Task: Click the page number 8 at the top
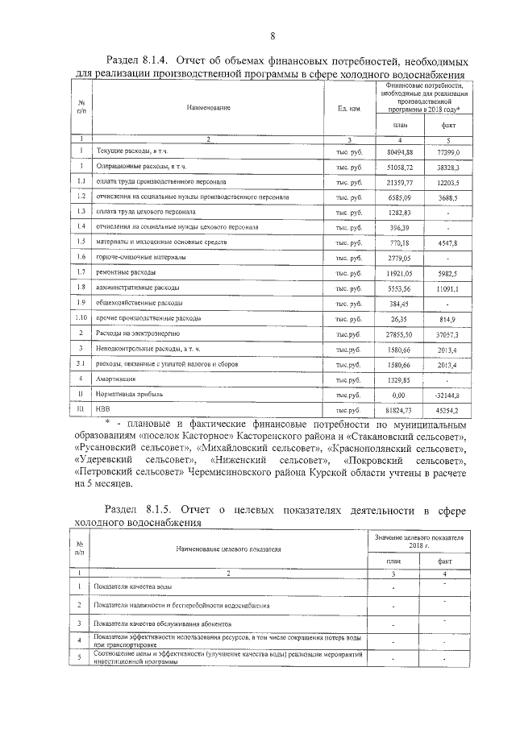(x=273, y=36)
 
